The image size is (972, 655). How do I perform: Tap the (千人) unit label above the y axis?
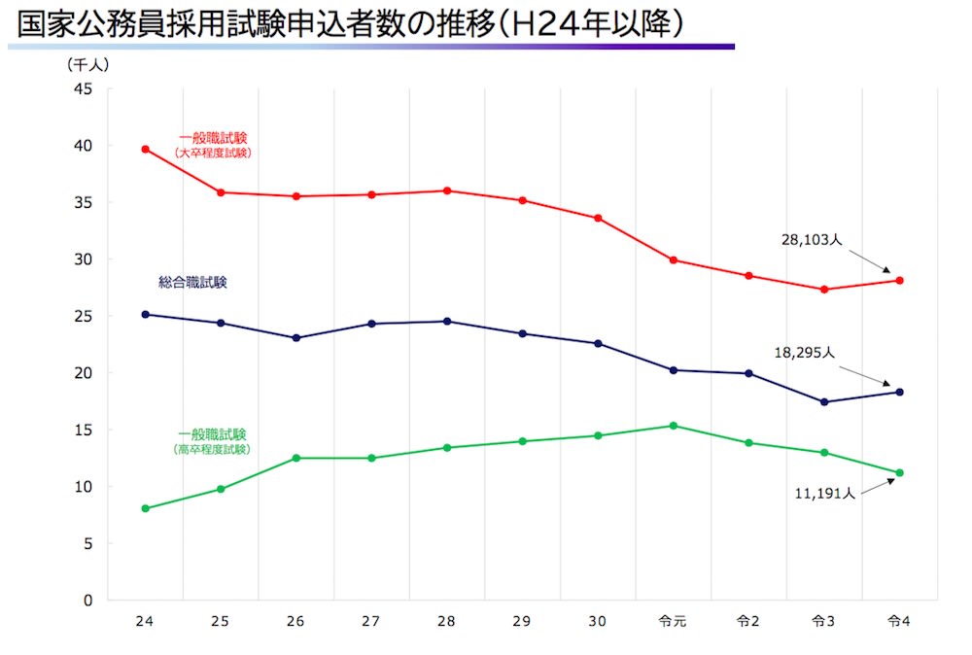pos(89,65)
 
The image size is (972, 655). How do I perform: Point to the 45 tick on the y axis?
pos(84,89)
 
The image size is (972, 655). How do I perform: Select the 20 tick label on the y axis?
pos(84,373)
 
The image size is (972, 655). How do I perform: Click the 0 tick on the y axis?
pos(87,601)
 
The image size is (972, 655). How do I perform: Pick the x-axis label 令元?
pos(673,621)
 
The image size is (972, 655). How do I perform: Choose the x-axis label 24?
pos(146,621)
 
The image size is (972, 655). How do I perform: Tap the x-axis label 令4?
pos(898,621)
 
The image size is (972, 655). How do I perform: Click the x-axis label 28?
pos(446,621)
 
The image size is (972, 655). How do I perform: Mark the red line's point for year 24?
pos(146,149)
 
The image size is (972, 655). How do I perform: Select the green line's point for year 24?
pos(146,508)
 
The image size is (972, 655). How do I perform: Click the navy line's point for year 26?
pos(296,338)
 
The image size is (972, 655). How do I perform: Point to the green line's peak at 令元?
pos(673,426)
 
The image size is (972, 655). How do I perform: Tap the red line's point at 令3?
pos(823,290)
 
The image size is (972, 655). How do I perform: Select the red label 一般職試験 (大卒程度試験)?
pos(213,146)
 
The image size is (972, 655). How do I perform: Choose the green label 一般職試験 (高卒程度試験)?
pos(212,441)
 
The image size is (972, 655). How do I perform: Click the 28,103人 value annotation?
pos(811,238)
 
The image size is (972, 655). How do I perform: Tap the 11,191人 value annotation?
pos(823,494)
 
